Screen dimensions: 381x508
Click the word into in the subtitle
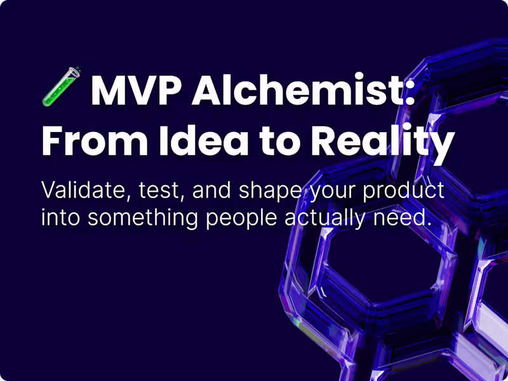click(61, 217)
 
